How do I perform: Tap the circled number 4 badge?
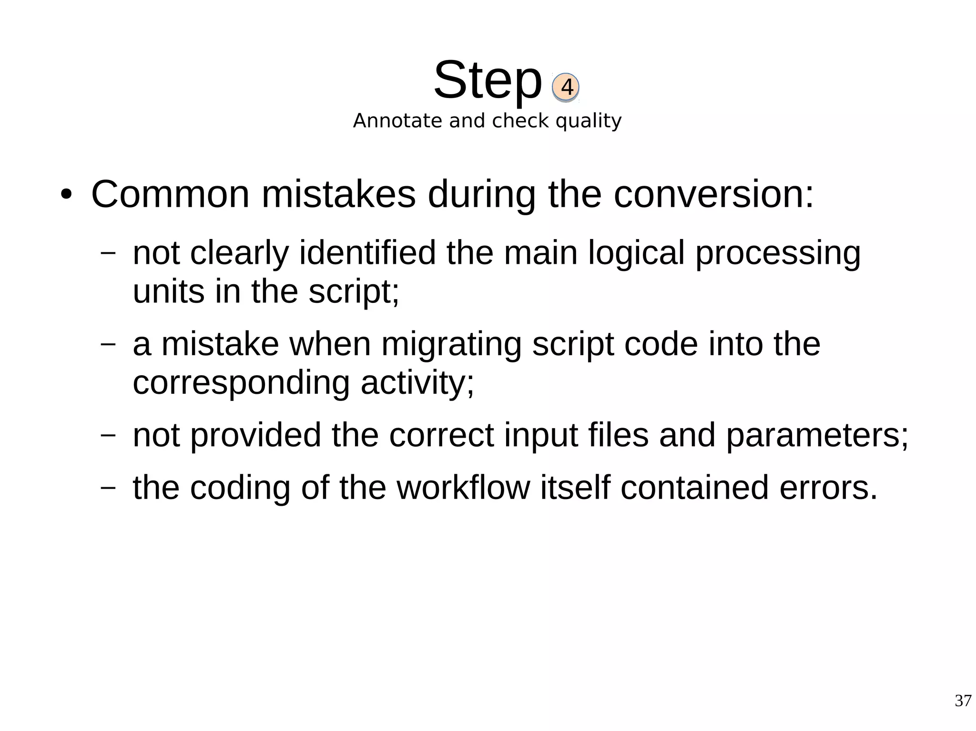click(566, 87)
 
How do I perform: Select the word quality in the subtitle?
click(589, 121)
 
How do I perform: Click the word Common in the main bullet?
click(170, 194)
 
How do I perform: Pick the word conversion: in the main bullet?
click(713, 194)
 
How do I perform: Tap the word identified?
click(367, 252)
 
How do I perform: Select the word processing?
click(778, 252)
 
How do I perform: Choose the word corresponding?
click(241, 382)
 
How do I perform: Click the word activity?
click(417, 382)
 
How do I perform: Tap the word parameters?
click(817, 435)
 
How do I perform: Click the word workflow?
click(463, 487)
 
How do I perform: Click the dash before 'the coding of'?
click(108, 487)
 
